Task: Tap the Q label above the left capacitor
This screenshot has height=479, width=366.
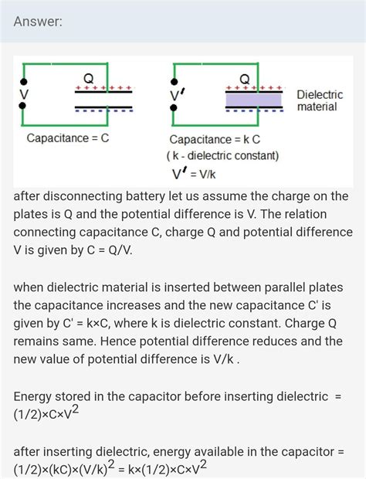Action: tap(89, 78)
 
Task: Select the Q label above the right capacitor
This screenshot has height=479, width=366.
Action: tap(245, 79)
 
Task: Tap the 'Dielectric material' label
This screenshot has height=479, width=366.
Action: tap(320, 100)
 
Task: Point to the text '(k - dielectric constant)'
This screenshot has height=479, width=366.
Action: tap(223, 155)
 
